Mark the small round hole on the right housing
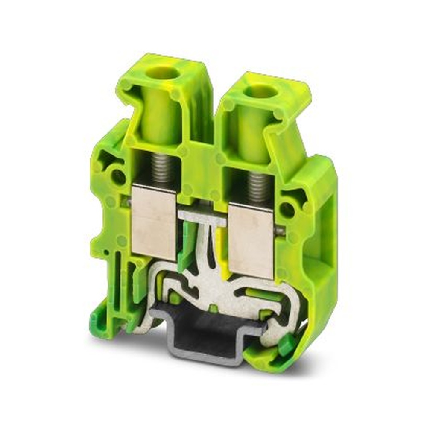(287, 210)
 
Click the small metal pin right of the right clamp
(280, 231)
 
